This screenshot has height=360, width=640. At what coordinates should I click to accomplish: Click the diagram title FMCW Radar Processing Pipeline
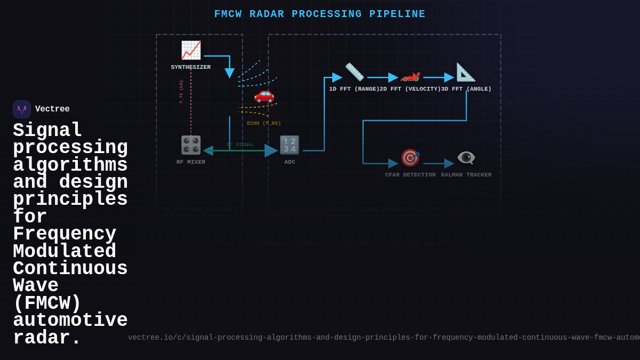pos(319,14)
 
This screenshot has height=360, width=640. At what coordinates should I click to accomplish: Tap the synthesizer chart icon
pos(191,51)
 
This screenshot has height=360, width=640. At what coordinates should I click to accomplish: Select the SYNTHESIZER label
pos(191,67)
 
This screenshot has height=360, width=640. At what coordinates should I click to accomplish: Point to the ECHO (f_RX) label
pos(263,123)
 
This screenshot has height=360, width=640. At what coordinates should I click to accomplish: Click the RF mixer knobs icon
pos(191,145)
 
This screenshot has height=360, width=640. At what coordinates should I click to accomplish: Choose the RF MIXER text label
pos(191,162)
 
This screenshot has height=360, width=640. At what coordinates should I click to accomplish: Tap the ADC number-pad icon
pos(290,145)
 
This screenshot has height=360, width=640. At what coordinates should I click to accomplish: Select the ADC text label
pos(290,162)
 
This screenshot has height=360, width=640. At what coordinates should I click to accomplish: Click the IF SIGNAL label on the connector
pos(241,145)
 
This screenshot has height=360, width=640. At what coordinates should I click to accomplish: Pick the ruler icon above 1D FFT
pos(354,72)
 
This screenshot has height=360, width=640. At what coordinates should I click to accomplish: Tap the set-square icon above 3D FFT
pos(466,72)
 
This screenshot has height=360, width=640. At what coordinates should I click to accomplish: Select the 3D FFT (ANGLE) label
pos(466,89)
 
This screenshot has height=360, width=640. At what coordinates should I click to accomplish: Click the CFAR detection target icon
pos(410,158)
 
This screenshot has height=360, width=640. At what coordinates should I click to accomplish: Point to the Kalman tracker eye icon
pos(466,158)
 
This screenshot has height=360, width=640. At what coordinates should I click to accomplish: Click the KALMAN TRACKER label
pos(466,175)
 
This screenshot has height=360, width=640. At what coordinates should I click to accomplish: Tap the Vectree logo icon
pos(22,109)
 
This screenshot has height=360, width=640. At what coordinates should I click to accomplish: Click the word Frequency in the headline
pos(65,235)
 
